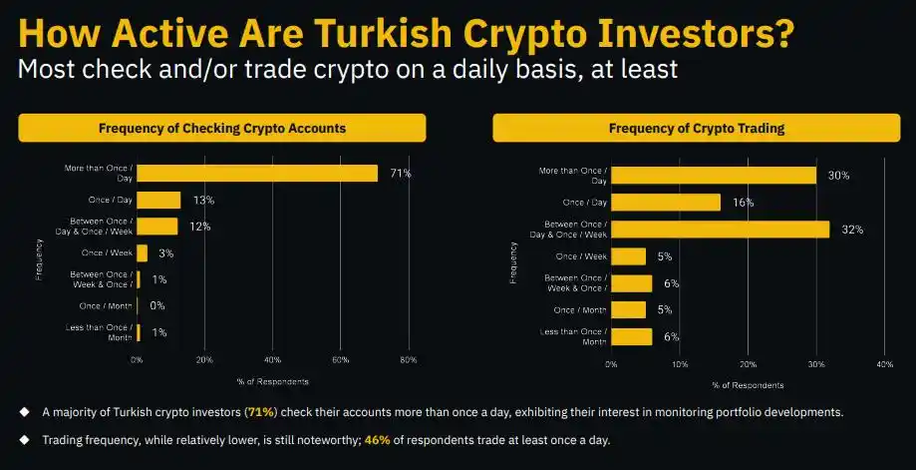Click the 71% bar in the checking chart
pyautogui.click(x=257, y=173)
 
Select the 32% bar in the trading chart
pyautogui.click(x=720, y=230)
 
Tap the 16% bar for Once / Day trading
pyautogui.click(x=666, y=203)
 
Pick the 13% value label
pyautogui.click(x=203, y=201)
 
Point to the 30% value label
pyautogui.click(x=838, y=176)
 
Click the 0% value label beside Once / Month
pyautogui.click(x=157, y=306)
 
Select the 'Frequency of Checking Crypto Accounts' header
pyautogui.click(x=222, y=128)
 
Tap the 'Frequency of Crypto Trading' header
pyautogui.click(x=697, y=128)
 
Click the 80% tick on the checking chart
pyautogui.click(x=408, y=359)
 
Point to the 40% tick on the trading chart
pyautogui.click(x=883, y=365)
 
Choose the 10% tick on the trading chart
pyautogui.click(x=679, y=365)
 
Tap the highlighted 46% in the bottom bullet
pyautogui.click(x=378, y=439)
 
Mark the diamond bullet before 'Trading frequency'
pyautogui.click(x=24, y=439)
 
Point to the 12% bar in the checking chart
pyautogui.click(x=157, y=227)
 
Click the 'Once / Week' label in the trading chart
pyautogui.click(x=582, y=256)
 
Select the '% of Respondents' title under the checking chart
pyautogui.click(x=272, y=381)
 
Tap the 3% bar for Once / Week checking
pyautogui.click(x=143, y=253)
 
